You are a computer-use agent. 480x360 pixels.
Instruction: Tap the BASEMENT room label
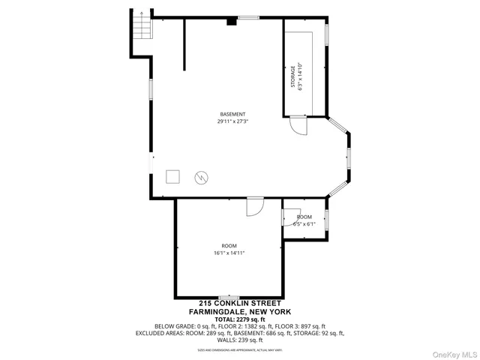(232, 114)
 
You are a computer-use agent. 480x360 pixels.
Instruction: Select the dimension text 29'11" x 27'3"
(232, 121)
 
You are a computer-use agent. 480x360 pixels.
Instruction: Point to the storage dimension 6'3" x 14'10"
(300, 76)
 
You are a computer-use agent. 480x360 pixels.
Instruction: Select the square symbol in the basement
(173, 177)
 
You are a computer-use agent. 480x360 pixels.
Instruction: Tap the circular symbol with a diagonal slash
(201, 177)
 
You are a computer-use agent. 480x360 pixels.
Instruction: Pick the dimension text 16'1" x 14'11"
(229, 253)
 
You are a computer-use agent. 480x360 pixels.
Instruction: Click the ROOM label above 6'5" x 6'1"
(304, 217)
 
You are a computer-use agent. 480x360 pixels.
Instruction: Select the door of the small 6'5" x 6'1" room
(289, 216)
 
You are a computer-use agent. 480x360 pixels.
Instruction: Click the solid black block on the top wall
(232, 22)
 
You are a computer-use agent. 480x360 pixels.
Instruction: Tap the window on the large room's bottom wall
(229, 297)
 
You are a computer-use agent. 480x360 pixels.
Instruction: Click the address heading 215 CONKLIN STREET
(240, 304)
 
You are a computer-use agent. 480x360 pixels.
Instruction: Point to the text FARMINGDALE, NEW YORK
(240, 311)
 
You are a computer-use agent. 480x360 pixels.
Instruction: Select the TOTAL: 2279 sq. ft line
(240, 319)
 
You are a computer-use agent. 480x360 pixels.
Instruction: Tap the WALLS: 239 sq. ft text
(240, 339)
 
